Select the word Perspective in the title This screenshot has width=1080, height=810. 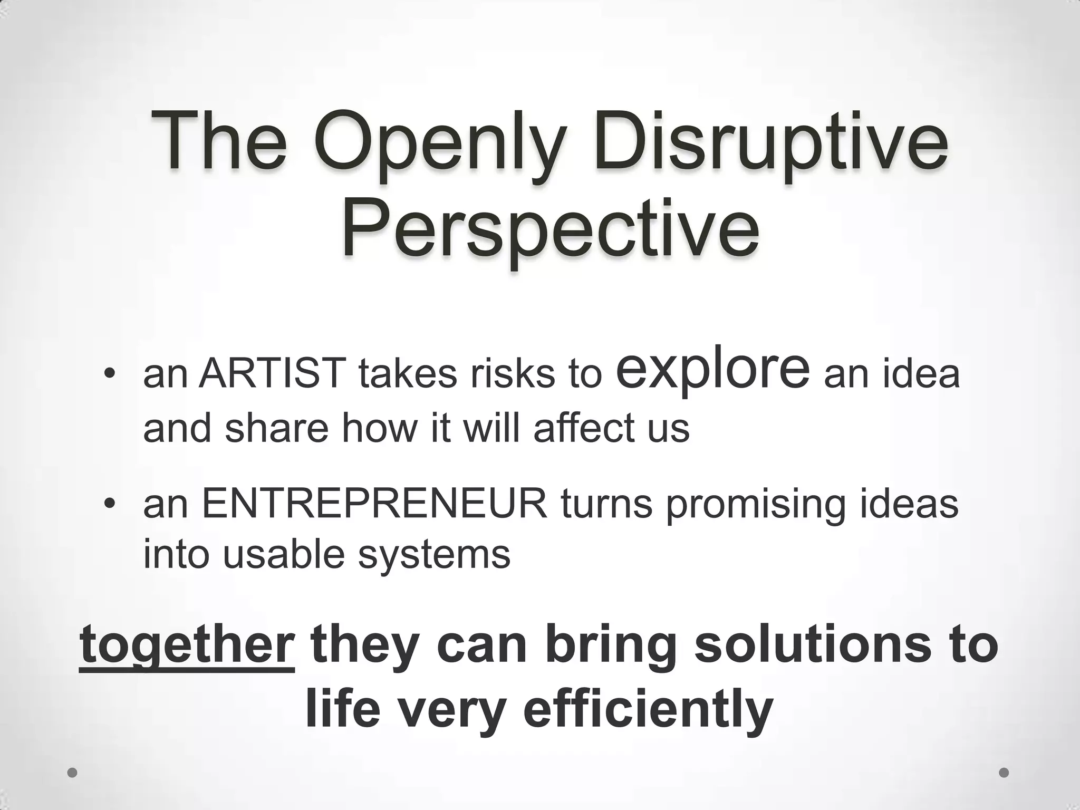coord(551,229)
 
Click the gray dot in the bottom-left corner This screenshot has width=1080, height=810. coord(72,773)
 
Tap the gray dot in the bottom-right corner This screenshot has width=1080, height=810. coord(1004,773)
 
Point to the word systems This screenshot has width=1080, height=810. coord(434,555)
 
